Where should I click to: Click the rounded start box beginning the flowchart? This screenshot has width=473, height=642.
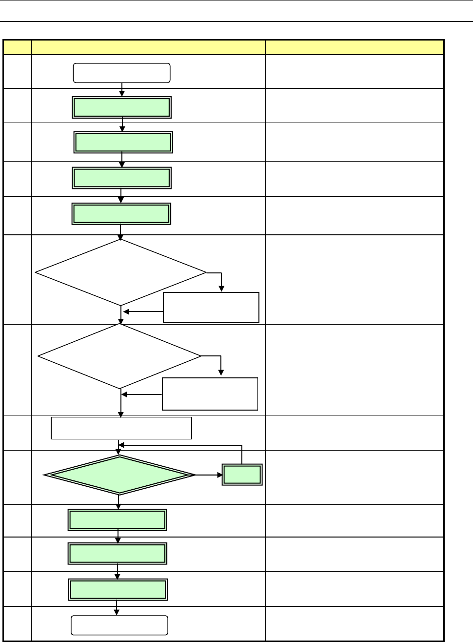(121, 73)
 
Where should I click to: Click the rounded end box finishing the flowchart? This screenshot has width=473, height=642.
(119, 625)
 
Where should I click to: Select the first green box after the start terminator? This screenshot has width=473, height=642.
(121, 107)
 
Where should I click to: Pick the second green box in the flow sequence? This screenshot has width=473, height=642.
(123, 143)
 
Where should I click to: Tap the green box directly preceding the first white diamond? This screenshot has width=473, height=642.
(121, 214)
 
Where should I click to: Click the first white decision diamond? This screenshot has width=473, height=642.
(121, 272)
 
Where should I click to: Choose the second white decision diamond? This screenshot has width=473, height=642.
(119, 356)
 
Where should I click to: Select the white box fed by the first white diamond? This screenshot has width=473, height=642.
(211, 308)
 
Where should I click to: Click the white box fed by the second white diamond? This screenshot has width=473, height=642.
(210, 393)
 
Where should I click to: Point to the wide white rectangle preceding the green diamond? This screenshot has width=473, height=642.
(121, 428)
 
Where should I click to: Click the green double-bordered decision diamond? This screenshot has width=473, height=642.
(119, 475)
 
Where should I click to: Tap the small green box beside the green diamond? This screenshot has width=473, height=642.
(242, 475)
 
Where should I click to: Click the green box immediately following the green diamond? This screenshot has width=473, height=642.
(118, 520)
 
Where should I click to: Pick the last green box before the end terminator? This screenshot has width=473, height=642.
(118, 590)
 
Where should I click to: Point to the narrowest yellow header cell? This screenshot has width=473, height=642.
(17, 47)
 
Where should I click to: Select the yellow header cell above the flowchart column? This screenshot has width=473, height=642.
(148, 47)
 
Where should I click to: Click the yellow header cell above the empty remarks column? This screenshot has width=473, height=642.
(355, 47)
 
